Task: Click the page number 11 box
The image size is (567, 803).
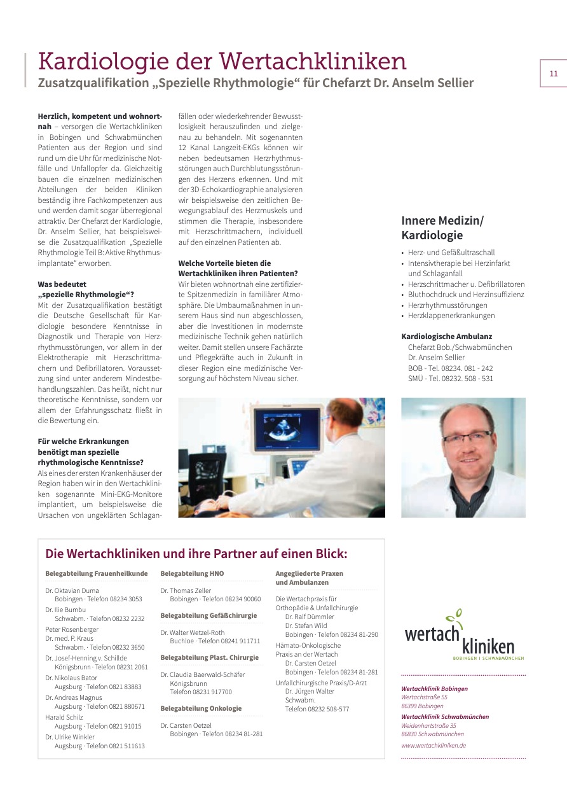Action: point(553,73)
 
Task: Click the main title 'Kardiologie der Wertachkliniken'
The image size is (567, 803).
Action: point(222,62)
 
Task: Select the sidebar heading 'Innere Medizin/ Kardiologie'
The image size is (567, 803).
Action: point(442,228)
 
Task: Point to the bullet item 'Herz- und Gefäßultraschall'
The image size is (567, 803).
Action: point(451,253)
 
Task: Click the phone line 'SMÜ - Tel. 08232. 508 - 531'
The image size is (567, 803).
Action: point(450,379)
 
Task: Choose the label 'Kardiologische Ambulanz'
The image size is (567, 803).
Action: point(447,337)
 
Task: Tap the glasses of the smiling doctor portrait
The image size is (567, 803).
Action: point(467,437)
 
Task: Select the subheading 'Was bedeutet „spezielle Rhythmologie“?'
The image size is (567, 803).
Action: point(86,289)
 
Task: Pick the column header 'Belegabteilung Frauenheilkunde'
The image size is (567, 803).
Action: point(96,573)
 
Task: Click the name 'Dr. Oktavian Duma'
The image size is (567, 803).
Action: point(72,590)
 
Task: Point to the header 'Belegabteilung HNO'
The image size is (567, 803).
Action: point(192,573)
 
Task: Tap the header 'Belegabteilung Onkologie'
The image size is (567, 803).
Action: point(201,708)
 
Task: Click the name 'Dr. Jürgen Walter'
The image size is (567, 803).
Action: point(310,691)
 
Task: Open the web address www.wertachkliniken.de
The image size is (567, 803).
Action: point(434,745)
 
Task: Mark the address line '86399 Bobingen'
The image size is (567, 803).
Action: point(422,706)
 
